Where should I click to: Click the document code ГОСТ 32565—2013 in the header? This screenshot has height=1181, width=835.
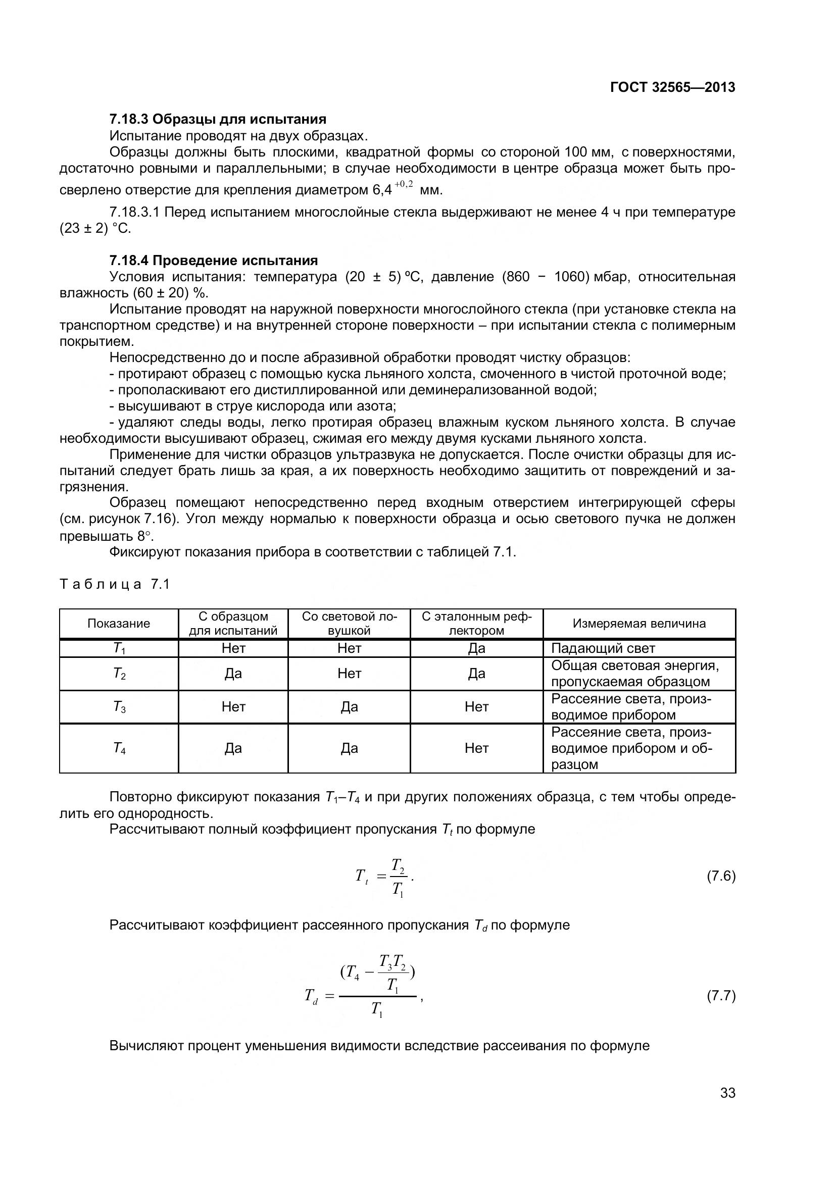[x=672, y=87]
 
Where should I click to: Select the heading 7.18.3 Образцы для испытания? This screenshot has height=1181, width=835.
[x=218, y=119]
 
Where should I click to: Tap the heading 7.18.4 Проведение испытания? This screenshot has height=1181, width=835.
[x=214, y=260]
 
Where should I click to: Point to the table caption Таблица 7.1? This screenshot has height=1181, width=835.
[x=115, y=584]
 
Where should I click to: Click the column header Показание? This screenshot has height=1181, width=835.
[x=119, y=624]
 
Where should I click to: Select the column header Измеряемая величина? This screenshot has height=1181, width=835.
[x=639, y=624]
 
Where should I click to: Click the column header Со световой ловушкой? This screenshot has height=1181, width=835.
[x=349, y=624]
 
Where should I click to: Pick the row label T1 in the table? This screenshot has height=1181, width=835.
[x=119, y=649]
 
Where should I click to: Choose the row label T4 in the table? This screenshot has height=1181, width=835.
[x=119, y=748]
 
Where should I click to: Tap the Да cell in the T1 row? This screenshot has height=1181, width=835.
[x=476, y=649]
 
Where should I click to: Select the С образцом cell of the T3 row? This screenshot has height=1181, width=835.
[x=233, y=707]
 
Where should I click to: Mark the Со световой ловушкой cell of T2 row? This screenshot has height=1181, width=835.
[x=349, y=674]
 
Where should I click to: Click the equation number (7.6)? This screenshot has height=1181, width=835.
[x=721, y=876]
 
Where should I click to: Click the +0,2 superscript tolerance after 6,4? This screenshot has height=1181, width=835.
[x=404, y=184]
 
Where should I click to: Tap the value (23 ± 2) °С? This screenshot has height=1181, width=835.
[x=95, y=228]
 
